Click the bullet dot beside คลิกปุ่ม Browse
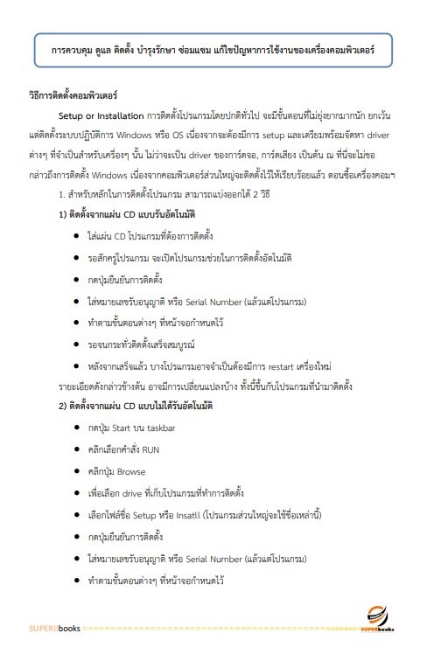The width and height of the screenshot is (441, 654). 79,471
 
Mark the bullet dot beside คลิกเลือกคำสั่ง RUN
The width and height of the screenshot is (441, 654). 79,449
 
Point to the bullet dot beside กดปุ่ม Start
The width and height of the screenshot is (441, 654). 79,428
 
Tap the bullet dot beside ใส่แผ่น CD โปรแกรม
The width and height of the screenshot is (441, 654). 79,237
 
